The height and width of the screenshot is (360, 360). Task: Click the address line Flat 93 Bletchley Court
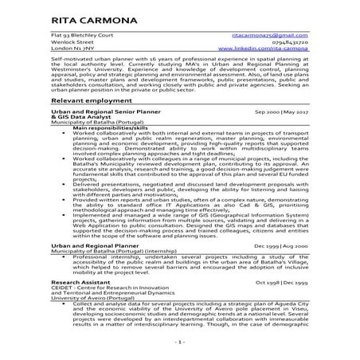[79, 35]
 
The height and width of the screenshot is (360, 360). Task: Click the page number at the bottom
[180, 342]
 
